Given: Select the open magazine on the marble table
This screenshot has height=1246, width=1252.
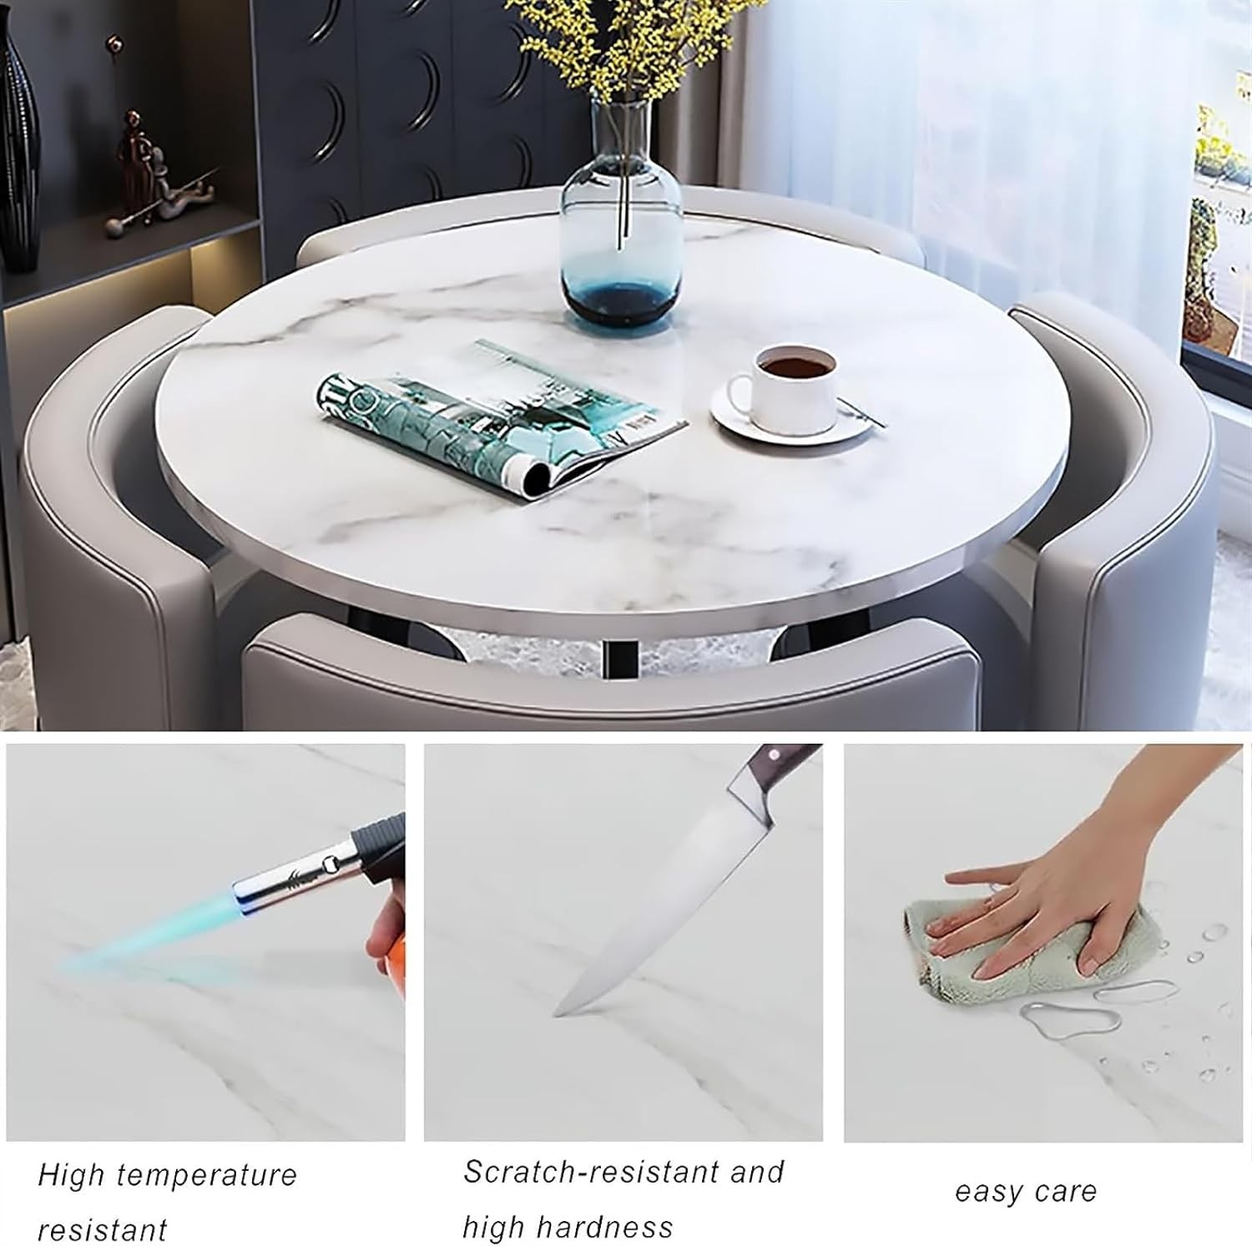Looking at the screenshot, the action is (501, 421).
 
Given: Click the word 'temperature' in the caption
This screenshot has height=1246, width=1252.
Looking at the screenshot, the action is (207, 1175).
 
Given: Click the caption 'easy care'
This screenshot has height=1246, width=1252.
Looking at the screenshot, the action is (1026, 1192).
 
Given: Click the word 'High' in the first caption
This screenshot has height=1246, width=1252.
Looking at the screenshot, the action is (70, 1175).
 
